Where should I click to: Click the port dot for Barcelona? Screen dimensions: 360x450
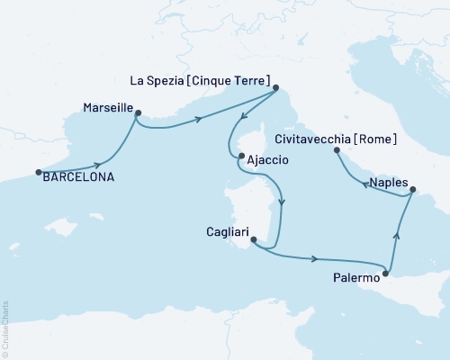pyautogui.click(x=38, y=172)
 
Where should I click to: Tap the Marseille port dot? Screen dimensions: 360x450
pyautogui.click(x=138, y=112)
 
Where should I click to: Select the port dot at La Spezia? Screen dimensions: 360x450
pyautogui.click(x=275, y=87)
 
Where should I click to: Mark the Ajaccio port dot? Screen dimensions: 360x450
pyautogui.click(x=241, y=157)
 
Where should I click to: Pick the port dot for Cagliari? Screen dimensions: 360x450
pyautogui.click(x=253, y=239)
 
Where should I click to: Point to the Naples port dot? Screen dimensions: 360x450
pyautogui.click(x=411, y=189)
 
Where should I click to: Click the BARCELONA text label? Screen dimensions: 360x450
pyautogui.click(x=79, y=177)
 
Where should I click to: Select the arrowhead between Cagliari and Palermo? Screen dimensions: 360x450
pyautogui.click(x=315, y=259)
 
